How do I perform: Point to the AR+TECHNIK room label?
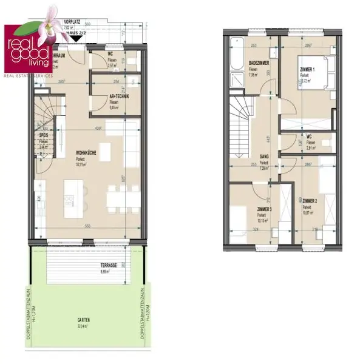click(119, 97)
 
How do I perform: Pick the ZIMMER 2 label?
click(310, 200)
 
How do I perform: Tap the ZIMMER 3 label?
click(263, 209)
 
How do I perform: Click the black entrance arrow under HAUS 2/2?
click(76, 38)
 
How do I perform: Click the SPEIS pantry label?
click(44, 136)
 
